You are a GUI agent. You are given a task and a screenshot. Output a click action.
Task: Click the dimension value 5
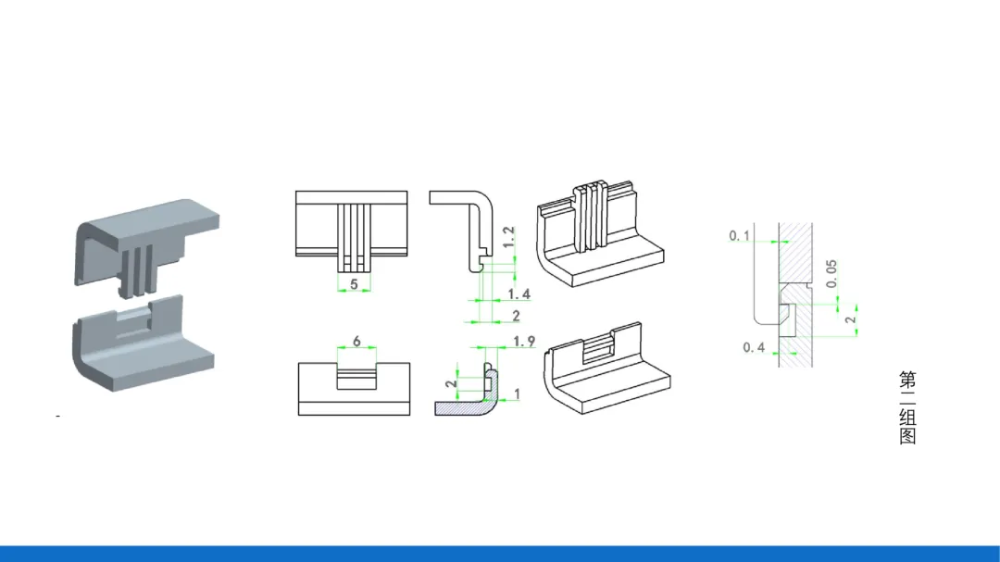point(354,284)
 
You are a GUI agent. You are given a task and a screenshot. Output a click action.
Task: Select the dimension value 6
point(356,342)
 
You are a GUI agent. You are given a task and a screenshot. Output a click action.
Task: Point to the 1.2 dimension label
point(508,237)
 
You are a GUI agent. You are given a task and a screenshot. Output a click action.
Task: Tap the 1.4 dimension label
point(519,294)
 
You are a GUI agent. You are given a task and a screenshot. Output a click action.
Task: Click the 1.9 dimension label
point(523,342)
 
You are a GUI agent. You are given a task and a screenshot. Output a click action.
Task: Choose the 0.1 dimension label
point(740,236)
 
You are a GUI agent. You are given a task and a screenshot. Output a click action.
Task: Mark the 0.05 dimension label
point(831,274)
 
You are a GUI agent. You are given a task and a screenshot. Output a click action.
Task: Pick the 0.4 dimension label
point(754,347)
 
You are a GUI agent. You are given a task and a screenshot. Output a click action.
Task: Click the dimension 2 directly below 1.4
point(516,316)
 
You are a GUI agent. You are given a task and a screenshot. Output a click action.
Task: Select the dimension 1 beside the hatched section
point(517,394)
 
